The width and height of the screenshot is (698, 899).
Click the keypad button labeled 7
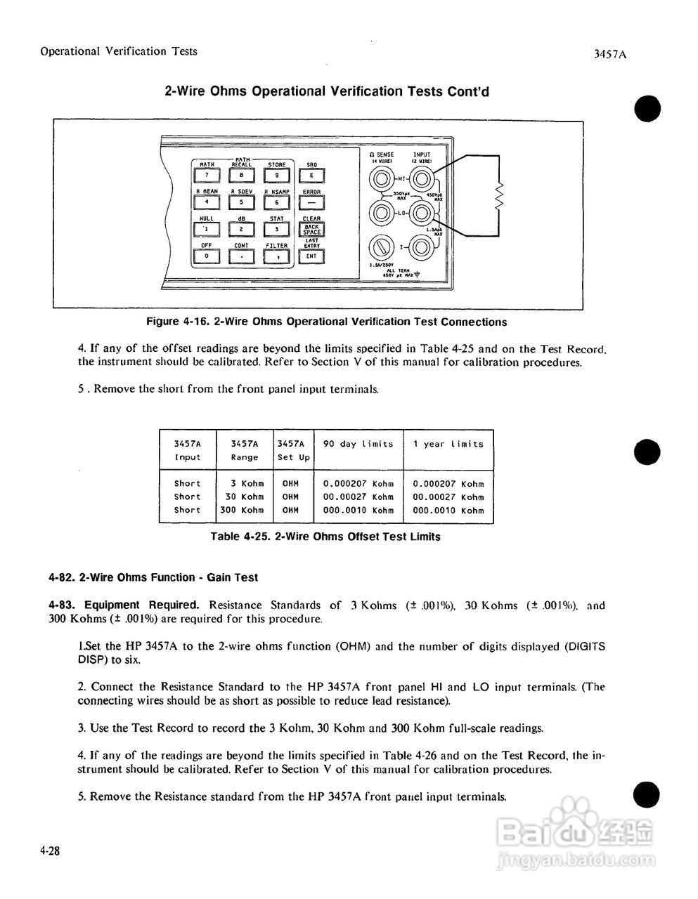(205, 176)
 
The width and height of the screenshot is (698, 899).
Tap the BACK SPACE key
(311, 229)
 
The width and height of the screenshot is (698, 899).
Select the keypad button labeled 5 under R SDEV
(241, 202)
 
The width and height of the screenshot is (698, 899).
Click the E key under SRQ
(311, 176)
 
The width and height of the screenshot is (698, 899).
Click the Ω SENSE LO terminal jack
(381, 211)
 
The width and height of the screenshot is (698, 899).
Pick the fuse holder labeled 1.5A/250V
(381, 247)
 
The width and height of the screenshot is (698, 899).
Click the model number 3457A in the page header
(609, 54)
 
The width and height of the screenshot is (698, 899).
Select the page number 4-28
(50, 851)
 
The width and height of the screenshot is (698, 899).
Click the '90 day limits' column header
(358, 444)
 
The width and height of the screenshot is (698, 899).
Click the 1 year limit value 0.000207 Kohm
(448, 484)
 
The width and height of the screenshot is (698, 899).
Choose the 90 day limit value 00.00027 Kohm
(358, 497)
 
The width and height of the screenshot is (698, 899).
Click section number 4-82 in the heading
(62, 578)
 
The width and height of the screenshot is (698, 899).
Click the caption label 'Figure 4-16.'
(176, 322)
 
